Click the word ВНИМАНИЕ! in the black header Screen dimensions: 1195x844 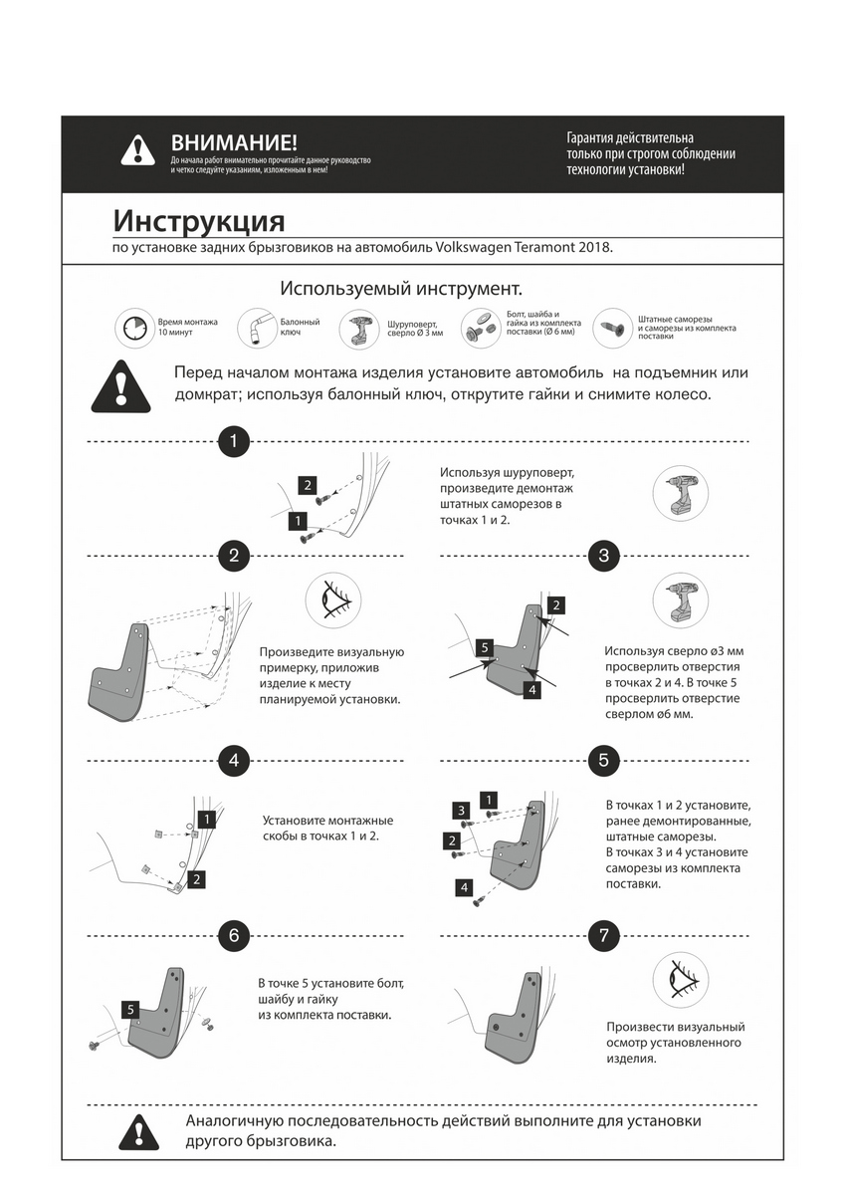pyautogui.click(x=234, y=143)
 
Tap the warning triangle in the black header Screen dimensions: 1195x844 pyautogui.click(x=137, y=150)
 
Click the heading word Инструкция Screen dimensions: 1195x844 pyautogui.click(x=199, y=220)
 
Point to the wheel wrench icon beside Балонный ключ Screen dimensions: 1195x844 pyautogui.click(x=255, y=328)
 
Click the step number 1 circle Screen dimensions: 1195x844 pyautogui.click(x=233, y=441)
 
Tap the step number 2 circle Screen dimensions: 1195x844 pyautogui.click(x=233, y=555)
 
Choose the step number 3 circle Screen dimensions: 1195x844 pyautogui.click(x=604, y=555)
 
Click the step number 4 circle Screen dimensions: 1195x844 pyautogui.click(x=233, y=760)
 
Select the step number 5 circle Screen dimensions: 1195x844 pyautogui.click(x=604, y=760)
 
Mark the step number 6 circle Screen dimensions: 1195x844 pyautogui.click(x=233, y=935)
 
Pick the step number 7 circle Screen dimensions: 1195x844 pyautogui.click(x=604, y=935)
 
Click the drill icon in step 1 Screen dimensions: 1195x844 pyautogui.click(x=681, y=495)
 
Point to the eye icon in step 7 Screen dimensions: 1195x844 pyautogui.click(x=681, y=980)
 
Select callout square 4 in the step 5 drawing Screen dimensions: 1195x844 pyautogui.click(x=464, y=886)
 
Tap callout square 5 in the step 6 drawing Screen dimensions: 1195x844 pyautogui.click(x=131, y=1009)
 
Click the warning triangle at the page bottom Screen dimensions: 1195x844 pyautogui.click(x=137, y=1131)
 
